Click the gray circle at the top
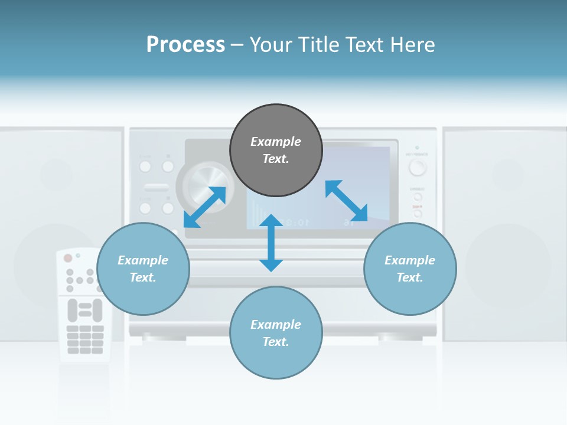coord(276,151)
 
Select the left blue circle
coord(143,269)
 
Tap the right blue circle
coord(410,269)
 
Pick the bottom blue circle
coord(276,333)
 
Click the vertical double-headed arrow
coord(271,243)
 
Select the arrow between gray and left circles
coord(204,207)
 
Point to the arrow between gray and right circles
coord(347,201)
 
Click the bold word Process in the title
coord(185,44)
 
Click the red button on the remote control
coord(68,258)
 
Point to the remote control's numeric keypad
coord(85,339)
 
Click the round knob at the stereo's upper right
coord(418,168)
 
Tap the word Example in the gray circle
coord(276,142)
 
